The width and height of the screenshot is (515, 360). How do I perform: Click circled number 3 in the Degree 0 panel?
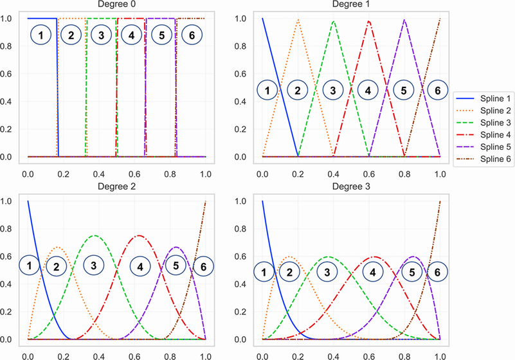coord(102,35)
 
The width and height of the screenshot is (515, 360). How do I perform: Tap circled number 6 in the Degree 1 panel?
coord(437,91)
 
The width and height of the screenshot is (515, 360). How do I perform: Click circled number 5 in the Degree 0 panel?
coord(161,35)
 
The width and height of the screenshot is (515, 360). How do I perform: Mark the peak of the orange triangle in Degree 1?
coord(298,19)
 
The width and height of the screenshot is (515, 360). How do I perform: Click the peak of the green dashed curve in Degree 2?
coord(95,235)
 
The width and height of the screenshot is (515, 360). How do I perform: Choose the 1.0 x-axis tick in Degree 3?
coord(440,354)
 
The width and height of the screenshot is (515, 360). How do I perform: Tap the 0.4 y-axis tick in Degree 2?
coord(12,283)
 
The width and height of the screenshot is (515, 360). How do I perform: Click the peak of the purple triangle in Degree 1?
coord(404,19)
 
